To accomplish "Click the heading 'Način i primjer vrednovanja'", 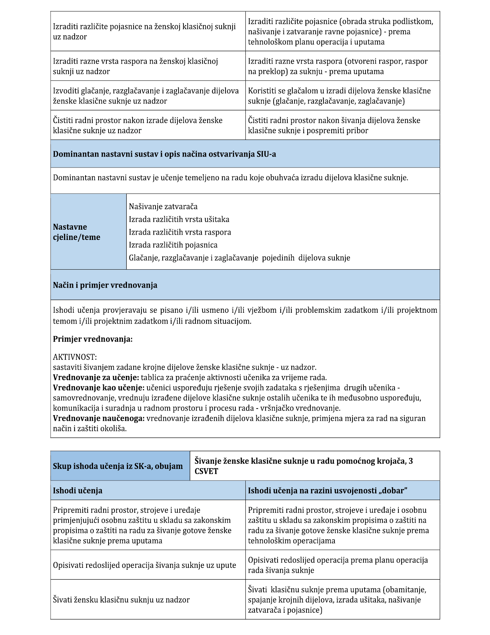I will (105, 285).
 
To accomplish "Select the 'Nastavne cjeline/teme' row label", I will (76, 232).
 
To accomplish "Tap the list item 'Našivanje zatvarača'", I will (163, 206).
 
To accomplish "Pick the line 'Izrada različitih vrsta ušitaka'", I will (179, 219).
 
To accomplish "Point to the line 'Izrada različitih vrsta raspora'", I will (180, 232).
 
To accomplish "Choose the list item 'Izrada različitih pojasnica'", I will (173, 245).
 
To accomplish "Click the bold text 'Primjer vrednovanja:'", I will (93, 339).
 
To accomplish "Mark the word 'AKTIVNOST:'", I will (75, 357).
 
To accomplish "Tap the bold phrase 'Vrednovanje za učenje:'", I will (96, 377).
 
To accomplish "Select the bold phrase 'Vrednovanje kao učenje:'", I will (99, 387).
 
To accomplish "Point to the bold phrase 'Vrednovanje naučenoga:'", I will (99, 418).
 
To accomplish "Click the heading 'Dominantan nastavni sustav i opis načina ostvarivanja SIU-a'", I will (164, 154).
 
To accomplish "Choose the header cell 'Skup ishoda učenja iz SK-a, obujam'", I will (118, 466).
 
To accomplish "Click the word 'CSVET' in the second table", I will (206, 471).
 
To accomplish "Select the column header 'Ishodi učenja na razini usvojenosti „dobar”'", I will (328, 490).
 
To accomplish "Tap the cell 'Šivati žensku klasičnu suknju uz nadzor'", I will (121, 600).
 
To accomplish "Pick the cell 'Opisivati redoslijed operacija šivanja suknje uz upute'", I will (144, 565).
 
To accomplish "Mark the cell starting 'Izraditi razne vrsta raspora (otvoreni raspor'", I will (337, 66).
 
